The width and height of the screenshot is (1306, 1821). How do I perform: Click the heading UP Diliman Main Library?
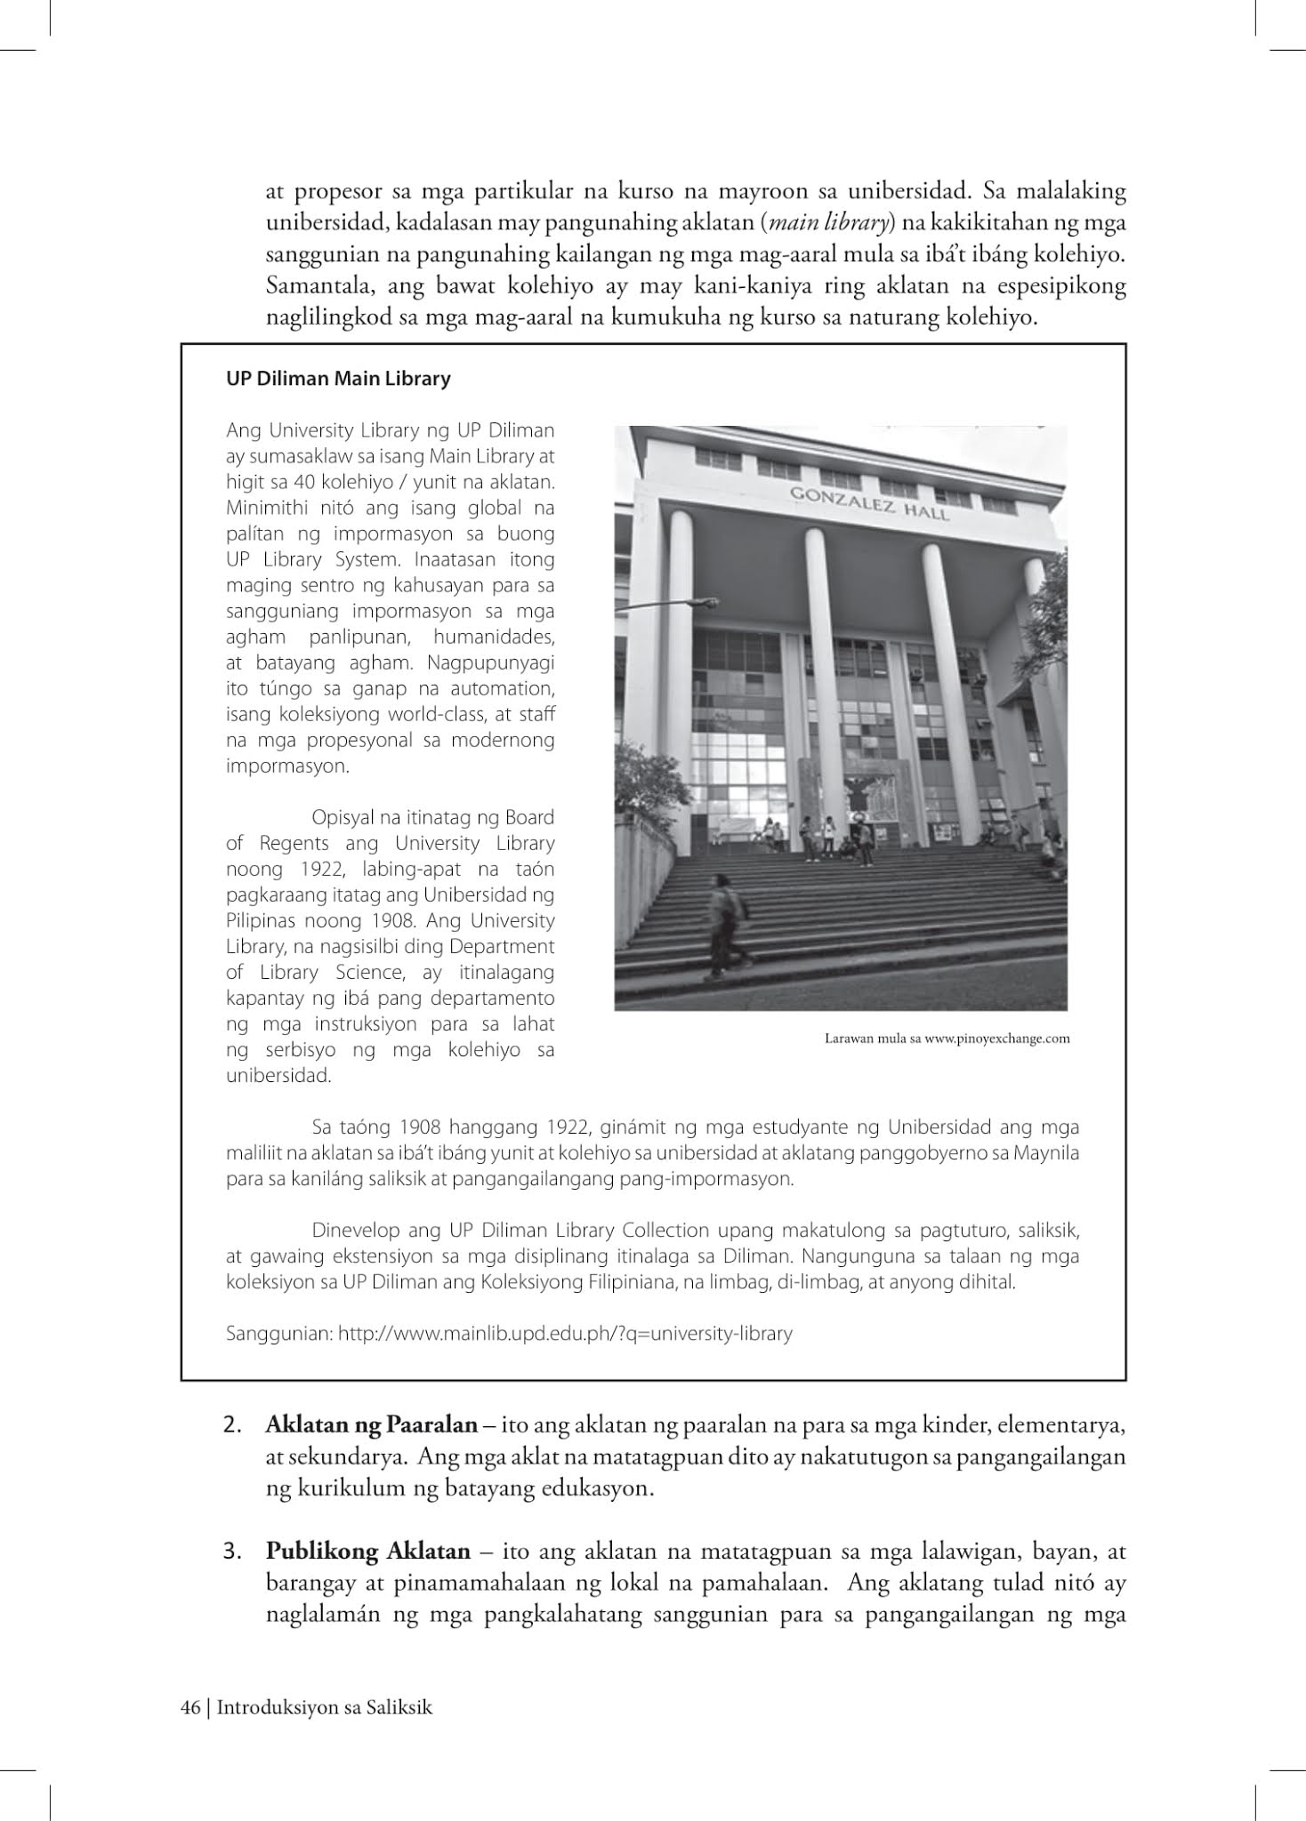[338, 379]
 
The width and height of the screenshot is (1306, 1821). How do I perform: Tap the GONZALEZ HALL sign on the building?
[870, 503]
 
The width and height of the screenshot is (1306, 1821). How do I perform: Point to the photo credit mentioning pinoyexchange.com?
[947, 1039]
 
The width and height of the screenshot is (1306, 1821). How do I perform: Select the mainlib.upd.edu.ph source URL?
[565, 1334]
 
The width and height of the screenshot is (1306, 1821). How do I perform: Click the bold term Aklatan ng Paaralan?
[371, 1425]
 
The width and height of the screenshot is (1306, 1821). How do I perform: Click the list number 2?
[233, 1426]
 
